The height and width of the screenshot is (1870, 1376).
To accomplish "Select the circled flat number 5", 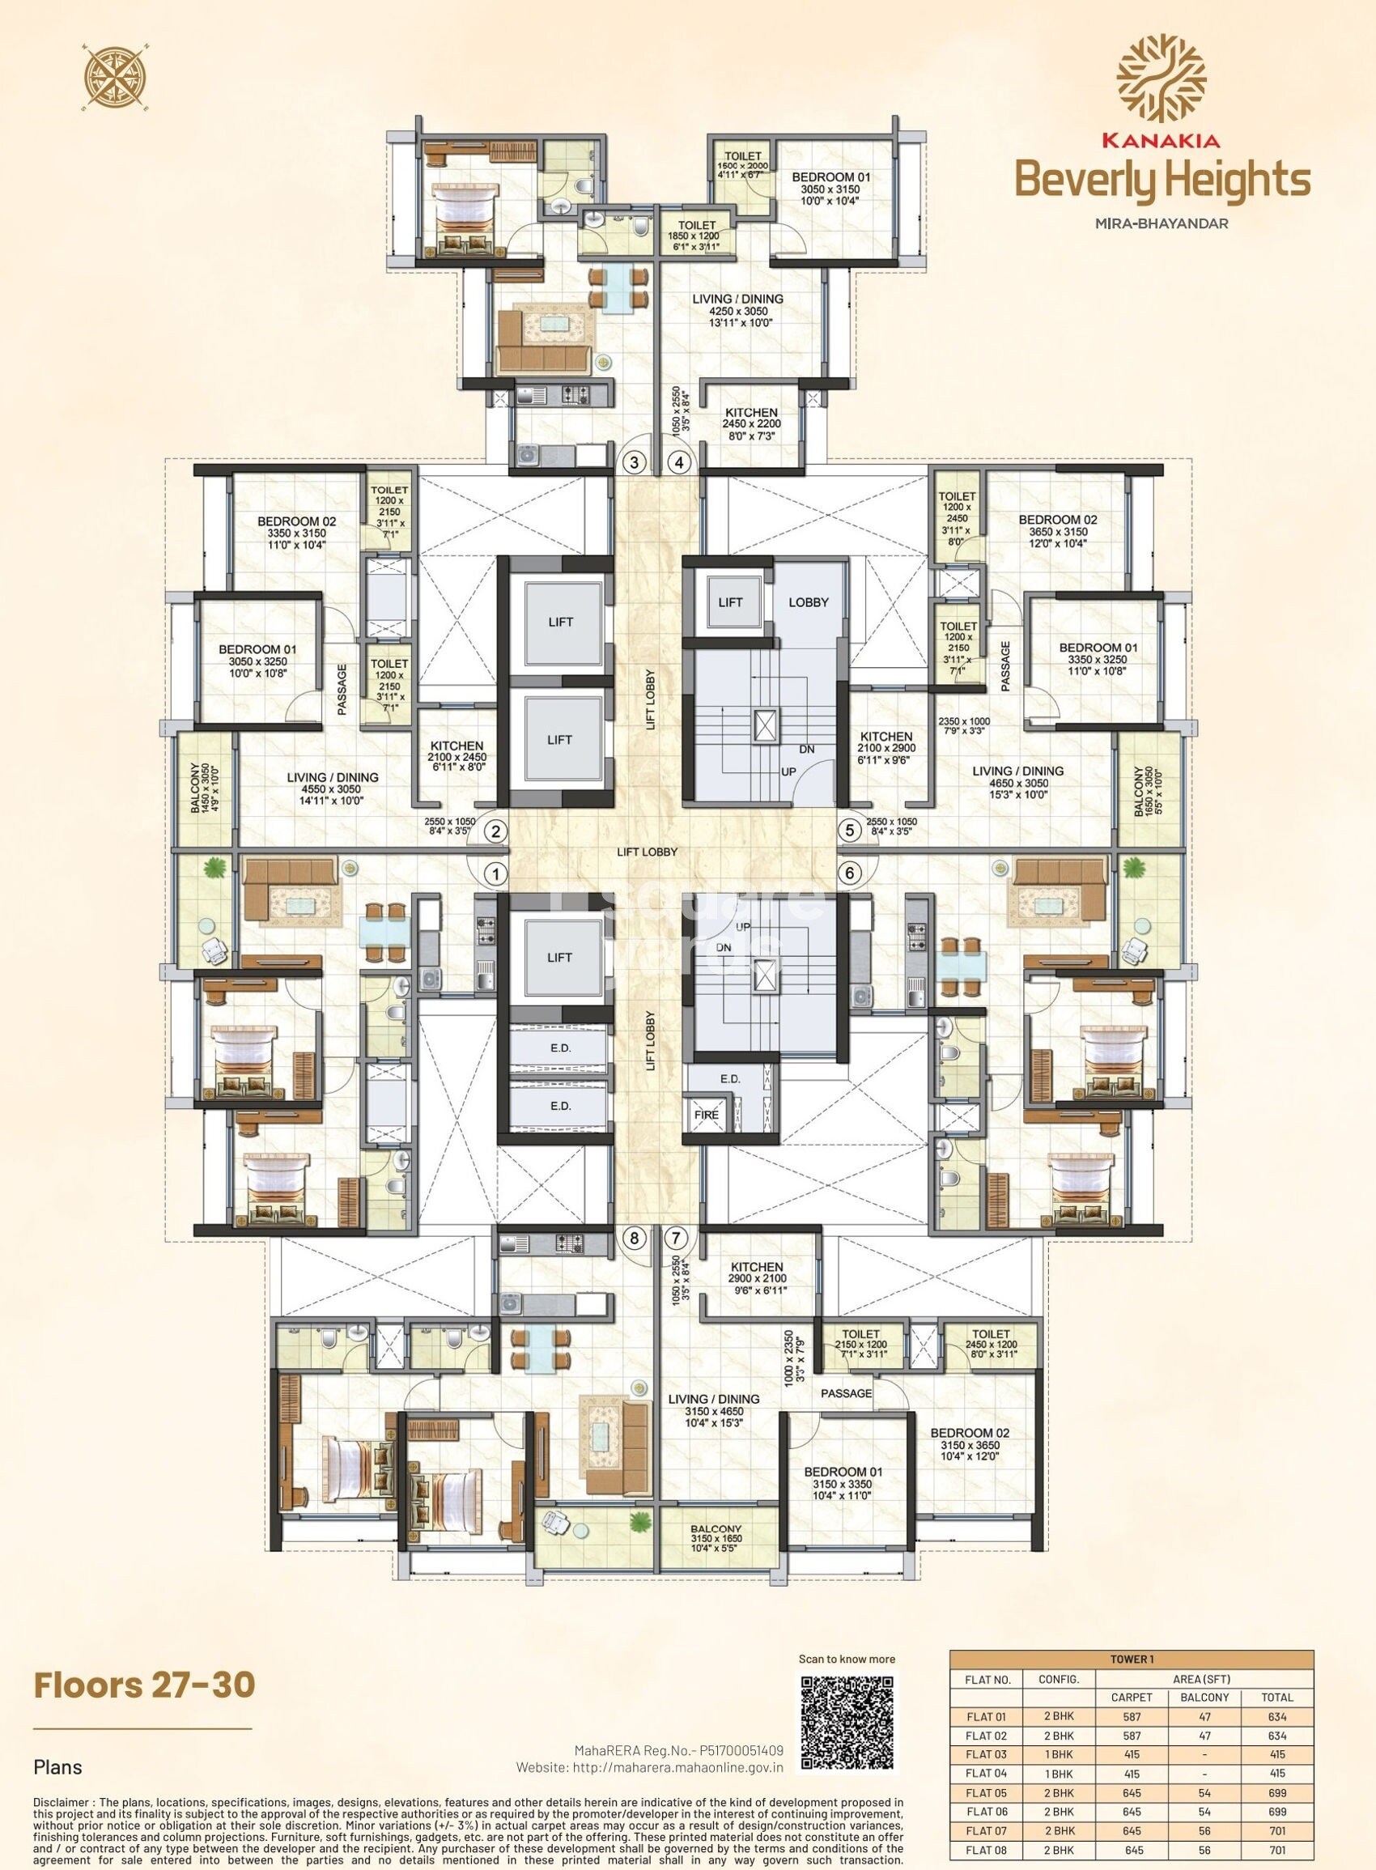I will tap(850, 830).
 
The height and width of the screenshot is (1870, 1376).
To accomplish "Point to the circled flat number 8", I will tap(635, 1238).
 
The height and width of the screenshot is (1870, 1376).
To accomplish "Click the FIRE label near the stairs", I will tap(707, 1115).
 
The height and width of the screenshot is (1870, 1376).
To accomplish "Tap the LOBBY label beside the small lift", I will tap(808, 601).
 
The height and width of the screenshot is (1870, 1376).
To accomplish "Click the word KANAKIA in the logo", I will tap(1162, 142).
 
